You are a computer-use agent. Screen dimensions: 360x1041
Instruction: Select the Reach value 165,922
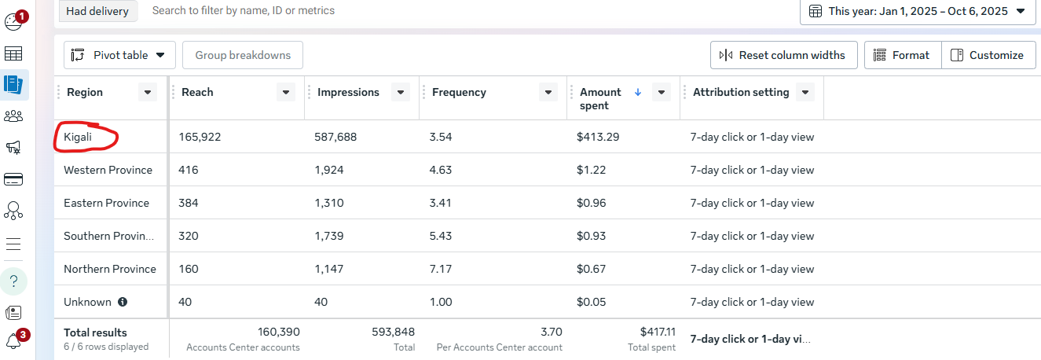(200, 137)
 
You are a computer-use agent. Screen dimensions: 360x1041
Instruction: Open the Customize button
(988, 55)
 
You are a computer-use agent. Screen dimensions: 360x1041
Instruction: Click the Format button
(902, 55)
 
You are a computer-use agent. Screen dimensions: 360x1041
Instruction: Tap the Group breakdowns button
(243, 55)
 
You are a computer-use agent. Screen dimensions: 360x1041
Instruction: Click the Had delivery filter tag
(97, 11)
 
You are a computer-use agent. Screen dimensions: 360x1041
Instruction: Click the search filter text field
(314, 11)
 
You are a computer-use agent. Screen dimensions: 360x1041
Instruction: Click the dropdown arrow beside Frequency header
(548, 93)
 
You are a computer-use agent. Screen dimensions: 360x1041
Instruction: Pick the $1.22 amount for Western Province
(592, 170)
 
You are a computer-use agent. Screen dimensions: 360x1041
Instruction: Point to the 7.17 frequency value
(441, 269)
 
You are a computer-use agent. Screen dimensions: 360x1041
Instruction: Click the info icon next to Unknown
(123, 302)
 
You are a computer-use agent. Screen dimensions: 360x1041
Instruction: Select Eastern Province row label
(106, 203)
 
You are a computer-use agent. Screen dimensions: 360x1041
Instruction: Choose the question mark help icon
(13, 281)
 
